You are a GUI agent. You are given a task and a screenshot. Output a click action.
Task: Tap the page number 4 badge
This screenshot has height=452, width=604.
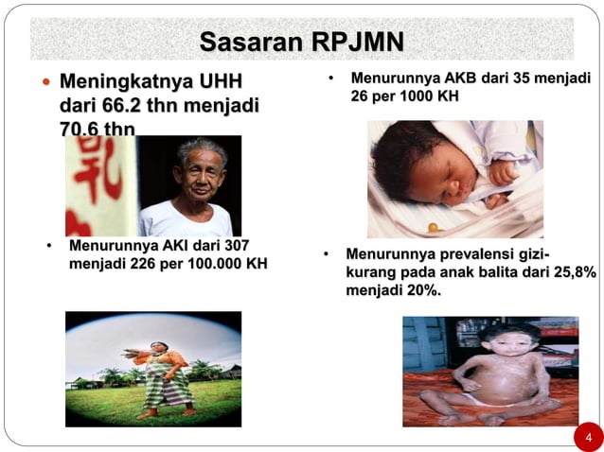point(588,437)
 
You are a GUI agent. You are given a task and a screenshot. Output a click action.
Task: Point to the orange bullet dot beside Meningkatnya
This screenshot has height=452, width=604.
point(47,83)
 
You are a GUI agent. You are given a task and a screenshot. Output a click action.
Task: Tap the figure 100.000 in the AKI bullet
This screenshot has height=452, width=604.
point(209,263)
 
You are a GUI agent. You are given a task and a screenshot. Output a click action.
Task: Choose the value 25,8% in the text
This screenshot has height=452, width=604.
point(572,271)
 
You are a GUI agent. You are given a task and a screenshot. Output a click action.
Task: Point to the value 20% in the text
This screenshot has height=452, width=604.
point(424,289)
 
